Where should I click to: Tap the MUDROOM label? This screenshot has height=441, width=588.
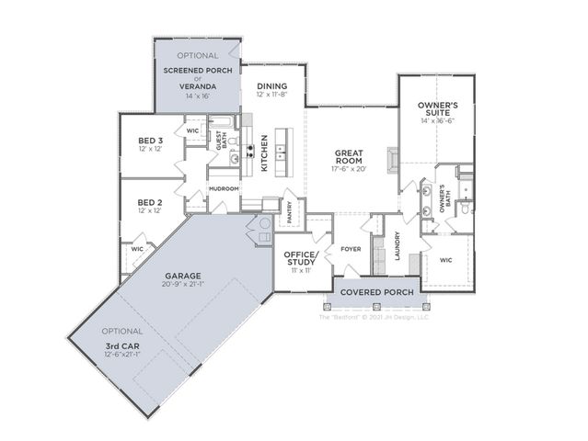(x=224, y=188)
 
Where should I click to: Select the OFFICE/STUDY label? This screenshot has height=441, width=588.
(x=301, y=258)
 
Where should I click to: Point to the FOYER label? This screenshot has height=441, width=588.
(x=350, y=248)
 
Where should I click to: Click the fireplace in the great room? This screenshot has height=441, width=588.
(x=393, y=161)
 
